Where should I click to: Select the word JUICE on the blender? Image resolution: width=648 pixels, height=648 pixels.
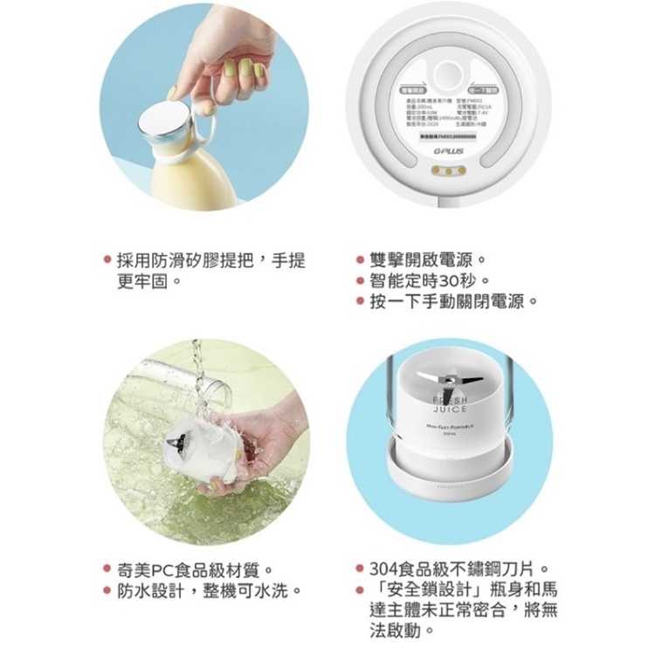449,409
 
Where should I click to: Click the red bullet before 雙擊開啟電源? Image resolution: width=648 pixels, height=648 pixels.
359,260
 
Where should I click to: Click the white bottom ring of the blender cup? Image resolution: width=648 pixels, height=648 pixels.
449,479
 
